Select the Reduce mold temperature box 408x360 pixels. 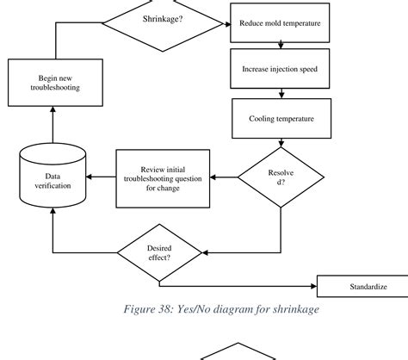tap(280, 23)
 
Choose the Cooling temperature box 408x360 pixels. tap(280, 117)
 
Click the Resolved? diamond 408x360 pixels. tap(281, 179)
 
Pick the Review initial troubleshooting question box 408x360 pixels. tap(163, 178)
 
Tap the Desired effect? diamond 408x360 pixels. tap(160, 251)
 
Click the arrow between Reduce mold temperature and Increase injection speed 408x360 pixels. tap(280, 46)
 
